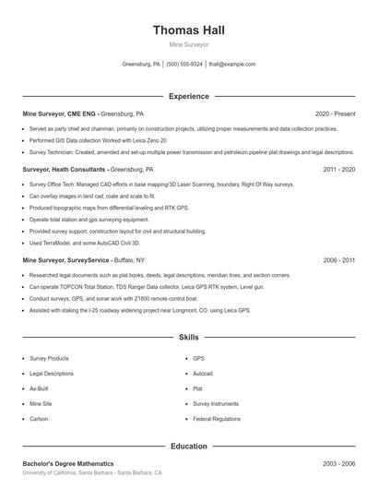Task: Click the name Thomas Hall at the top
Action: (188, 30)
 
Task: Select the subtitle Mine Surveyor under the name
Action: (188, 44)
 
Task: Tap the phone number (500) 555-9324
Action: (184, 65)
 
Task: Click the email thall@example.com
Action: (231, 65)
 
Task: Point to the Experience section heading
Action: (188, 96)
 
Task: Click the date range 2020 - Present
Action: (335, 113)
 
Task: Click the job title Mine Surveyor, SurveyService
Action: (65, 261)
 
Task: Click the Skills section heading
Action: (188, 338)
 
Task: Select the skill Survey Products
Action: (50, 358)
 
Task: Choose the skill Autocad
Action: (203, 374)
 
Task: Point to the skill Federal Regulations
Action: (216, 420)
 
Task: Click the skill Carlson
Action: (39, 420)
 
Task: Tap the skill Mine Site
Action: (41, 404)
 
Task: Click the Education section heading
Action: (188, 447)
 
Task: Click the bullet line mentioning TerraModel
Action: (85, 243)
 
